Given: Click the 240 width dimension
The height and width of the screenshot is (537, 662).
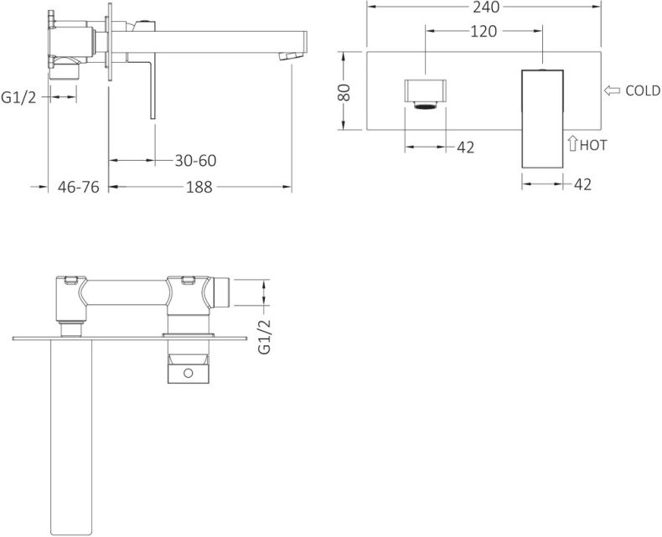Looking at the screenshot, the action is [486, 7].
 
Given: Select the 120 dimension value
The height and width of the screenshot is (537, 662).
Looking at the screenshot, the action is [484, 31].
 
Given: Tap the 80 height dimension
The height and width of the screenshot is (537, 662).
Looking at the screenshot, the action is [344, 92].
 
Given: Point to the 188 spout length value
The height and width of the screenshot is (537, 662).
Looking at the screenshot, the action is [199, 187].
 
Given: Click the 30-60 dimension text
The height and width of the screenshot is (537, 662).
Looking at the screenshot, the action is [195, 160].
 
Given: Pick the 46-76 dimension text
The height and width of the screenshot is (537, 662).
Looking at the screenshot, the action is [79, 187].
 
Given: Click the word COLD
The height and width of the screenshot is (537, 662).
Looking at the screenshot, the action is [643, 90].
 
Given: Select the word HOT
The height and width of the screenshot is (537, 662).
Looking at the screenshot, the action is [593, 145].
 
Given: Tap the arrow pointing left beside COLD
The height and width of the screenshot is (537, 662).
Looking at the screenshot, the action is [612, 90].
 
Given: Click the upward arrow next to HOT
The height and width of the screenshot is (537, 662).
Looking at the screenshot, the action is [572, 143].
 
